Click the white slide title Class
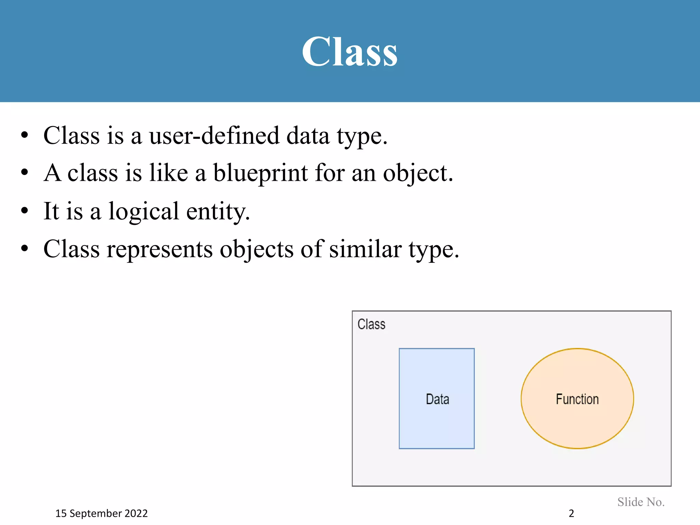click(x=349, y=52)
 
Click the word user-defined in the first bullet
click(x=214, y=136)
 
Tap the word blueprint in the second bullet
click(x=260, y=174)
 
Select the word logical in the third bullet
click(x=144, y=212)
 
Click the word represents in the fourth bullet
click(x=159, y=250)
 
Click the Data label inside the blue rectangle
click(x=437, y=399)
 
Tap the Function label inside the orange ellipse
click(x=577, y=399)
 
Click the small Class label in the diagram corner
click(x=371, y=324)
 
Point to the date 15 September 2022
click(x=102, y=513)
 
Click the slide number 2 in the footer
click(x=571, y=513)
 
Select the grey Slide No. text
click(x=641, y=502)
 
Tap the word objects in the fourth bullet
click(x=256, y=250)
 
